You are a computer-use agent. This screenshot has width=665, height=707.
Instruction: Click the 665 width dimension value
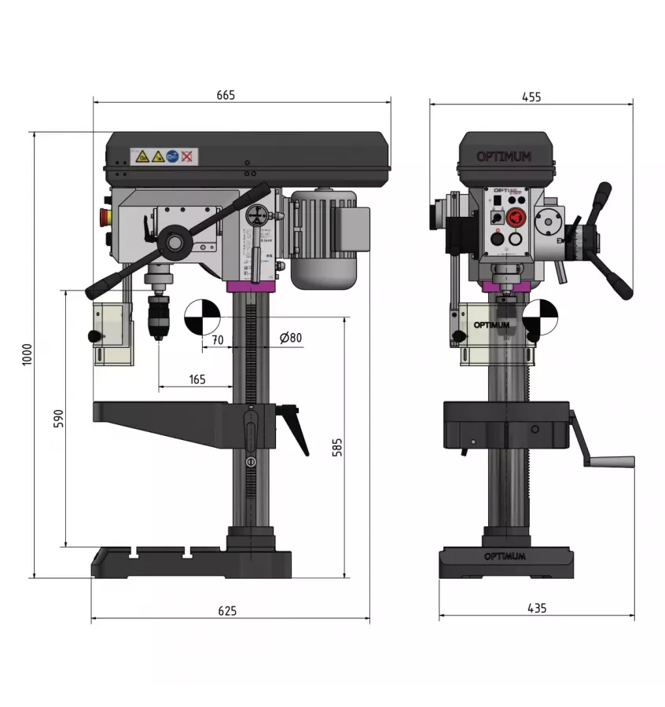(x=226, y=95)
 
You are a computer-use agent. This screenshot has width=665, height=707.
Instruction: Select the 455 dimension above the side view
(x=531, y=97)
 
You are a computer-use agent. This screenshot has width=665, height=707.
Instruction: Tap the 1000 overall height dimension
(x=27, y=355)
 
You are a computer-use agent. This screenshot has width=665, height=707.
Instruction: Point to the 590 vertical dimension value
(x=57, y=419)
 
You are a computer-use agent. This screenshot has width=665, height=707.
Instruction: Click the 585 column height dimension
(x=337, y=447)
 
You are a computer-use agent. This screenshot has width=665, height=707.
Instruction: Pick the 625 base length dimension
(x=226, y=610)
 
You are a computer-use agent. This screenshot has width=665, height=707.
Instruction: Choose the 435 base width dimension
(x=537, y=608)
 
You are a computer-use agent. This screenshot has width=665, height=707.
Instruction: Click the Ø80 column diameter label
(x=291, y=339)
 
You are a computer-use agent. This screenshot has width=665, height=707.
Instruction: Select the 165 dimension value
(x=197, y=379)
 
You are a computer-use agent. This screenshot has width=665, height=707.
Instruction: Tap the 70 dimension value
(x=218, y=339)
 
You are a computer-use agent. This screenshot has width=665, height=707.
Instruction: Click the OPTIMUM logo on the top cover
(x=504, y=156)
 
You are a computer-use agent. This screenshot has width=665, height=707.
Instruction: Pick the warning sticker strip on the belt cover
(x=163, y=157)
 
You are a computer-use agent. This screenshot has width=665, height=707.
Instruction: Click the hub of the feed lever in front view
(x=174, y=242)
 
